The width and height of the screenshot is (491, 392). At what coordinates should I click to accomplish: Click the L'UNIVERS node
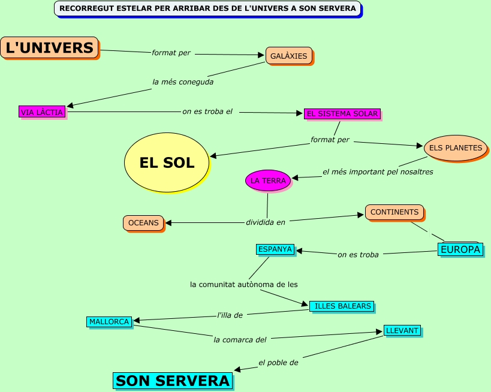[x=50, y=47]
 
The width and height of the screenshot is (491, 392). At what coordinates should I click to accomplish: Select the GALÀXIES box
[x=289, y=56]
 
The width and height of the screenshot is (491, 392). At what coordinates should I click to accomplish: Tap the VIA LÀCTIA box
[x=42, y=111]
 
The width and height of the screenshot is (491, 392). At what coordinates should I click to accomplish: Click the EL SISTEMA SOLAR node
[x=342, y=113]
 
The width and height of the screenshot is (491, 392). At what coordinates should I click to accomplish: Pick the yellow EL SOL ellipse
[x=167, y=162]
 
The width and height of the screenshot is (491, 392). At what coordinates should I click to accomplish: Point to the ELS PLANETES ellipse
[x=456, y=147]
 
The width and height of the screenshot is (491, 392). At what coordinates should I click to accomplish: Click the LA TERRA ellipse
[x=268, y=180]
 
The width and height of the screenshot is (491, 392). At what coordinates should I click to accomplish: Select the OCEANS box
[x=144, y=223]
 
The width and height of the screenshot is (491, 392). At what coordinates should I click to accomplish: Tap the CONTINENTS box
[x=394, y=212]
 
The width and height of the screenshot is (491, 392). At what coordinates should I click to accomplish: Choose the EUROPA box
[x=460, y=249]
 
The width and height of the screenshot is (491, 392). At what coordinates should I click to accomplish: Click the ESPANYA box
[x=275, y=249]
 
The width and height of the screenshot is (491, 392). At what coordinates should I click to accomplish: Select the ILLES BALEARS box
[x=342, y=306]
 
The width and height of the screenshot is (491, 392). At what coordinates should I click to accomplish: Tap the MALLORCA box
[x=110, y=322]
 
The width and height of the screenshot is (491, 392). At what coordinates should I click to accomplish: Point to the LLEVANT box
[x=402, y=330]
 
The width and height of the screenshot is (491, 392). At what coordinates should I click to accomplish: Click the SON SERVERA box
[x=173, y=381]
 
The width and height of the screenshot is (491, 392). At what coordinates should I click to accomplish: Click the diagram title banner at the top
[x=207, y=8]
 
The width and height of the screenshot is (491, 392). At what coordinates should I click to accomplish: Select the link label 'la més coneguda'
[x=183, y=82]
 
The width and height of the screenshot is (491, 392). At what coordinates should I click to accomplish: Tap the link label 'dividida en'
[x=266, y=222]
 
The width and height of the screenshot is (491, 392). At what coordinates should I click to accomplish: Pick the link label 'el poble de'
[x=278, y=362]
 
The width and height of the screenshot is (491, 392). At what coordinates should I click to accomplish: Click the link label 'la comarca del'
[x=240, y=339]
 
